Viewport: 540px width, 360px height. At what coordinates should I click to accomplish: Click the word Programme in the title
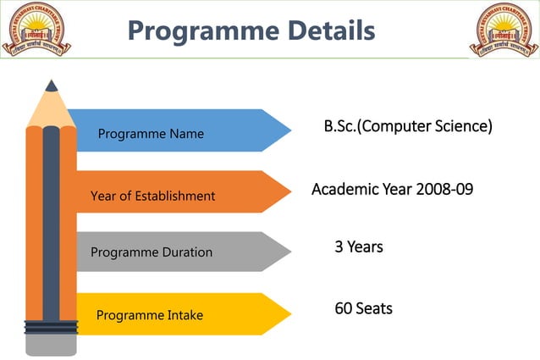pyautogui.click(x=196, y=31)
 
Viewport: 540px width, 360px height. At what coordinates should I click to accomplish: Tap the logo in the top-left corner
pyautogui.click(x=36, y=30)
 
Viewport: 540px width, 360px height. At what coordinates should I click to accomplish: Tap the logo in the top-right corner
pyautogui.click(x=504, y=30)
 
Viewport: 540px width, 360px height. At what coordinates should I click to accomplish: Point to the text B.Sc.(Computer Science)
pyautogui.click(x=408, y=127)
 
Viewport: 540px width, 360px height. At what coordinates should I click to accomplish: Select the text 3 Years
pyautogui.click(x=359, y=247)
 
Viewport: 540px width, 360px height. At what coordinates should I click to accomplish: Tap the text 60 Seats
pyautogui.click(x=363, y=308)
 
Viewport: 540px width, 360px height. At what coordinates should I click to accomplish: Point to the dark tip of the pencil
pyautogui.click(x=52, y=86)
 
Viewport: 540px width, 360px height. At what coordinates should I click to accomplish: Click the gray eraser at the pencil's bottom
pyautogui.click(x=51, y=344)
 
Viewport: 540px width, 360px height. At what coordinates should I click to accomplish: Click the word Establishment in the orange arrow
pyautogui.click(x=176, y=197)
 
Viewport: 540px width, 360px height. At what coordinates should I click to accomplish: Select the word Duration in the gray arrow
pyautogui.click(x=184, y=252)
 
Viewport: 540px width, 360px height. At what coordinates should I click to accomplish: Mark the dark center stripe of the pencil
pyautogui.click(x=51, y=220)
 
